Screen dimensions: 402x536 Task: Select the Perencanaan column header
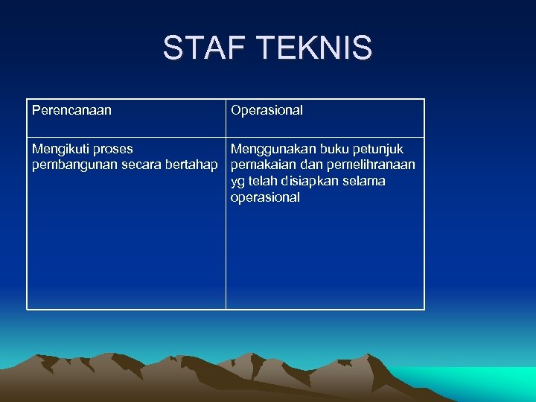[x=71, y=110]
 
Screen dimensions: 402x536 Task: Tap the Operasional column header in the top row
[x=267, y=110]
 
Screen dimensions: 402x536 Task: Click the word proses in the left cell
[x=112, y=150]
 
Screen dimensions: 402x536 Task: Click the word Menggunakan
[x=271, y=150]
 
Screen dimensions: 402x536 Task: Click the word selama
[x=366, y=181]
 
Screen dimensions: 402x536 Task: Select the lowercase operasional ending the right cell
[x=265, y=197]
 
